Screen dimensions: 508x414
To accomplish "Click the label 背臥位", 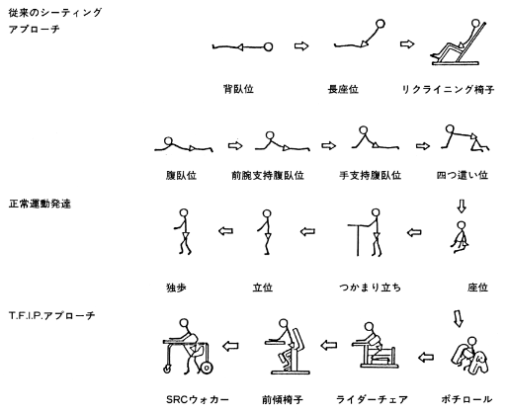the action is [x=238, y=89].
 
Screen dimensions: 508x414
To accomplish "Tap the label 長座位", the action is [x=343, y=89].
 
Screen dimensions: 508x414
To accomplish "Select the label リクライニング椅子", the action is [x=448, y=89].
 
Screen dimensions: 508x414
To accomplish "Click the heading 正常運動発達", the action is [x=40, y=204].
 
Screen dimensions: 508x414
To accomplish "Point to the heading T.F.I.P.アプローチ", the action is [x=51, y=316].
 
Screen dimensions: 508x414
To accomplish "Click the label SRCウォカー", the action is [x=198, y=399].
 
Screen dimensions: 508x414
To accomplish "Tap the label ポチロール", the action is [x=466, y=399].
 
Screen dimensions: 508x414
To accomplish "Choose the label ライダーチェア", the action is [x=372, y=399].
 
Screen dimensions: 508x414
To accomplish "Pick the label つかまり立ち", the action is [x=371, y=288].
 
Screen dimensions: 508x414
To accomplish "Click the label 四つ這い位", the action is [x=463, y=175].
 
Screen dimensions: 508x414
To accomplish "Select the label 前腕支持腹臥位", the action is [x=268, y=175].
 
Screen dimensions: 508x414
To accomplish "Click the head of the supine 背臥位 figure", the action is [x=269, y=47].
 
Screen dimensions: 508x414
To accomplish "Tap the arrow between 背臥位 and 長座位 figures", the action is [x=301, y=46].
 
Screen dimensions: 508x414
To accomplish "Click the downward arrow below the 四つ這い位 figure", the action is [x=462, y=206].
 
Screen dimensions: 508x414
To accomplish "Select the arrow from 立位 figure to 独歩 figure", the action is [x=225, y=231].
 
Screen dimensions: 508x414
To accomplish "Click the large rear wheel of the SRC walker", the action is [x=207, y=368].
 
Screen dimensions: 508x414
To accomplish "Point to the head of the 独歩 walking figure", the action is [x=184, y=212].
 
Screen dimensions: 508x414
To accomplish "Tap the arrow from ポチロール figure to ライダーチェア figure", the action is [x=426, y=357].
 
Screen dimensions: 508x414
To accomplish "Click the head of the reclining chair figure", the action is [x=475, y=23].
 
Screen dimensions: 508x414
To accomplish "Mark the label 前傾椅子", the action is [x=283, y=399].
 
